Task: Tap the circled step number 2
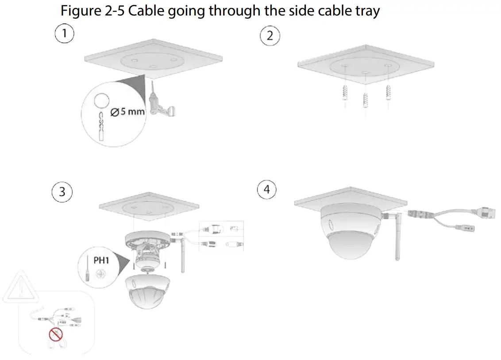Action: (x=270, y=35)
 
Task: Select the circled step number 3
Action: (x=62, y=191)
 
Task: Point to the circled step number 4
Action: (x=266, y=190)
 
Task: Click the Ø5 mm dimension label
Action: (x=127, y=111)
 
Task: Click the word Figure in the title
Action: (x=81, y=10)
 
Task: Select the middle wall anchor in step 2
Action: (x=366, y=101)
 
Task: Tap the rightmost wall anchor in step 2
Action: (x=388, y=93)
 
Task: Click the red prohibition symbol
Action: (x=56, y=334)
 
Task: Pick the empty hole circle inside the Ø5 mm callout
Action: (x=102, y=100)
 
